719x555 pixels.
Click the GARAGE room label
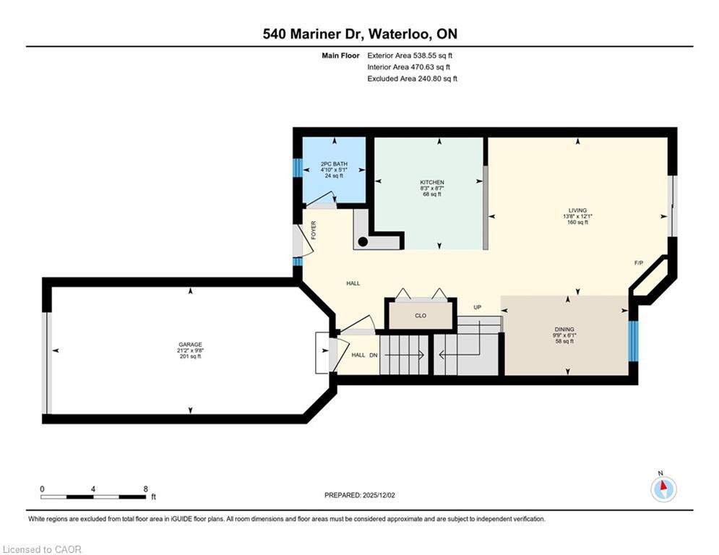click(x=191, y=345)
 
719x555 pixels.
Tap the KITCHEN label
click(x=432, y=182)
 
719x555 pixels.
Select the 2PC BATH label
click(x=334, y=164)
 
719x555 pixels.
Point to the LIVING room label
click(x=577, y=210)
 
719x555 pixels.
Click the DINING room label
click(x=564, y=330)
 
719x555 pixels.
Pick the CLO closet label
click(x=421, y=316)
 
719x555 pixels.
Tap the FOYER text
click(x=314, y=230)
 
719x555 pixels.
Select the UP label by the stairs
click(x=478, y=307)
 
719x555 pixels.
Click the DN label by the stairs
click(x=374, y=355)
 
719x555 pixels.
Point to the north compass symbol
click(x=663, y=489)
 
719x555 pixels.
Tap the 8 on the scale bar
click(x=146, y=489)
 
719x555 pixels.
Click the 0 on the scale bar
click(x=42, y=489)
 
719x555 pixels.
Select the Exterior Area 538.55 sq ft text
click(x=410, y=55)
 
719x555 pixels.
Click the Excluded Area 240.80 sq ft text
click(x=412, y=79)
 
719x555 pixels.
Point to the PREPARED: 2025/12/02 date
click(x=359, y=495)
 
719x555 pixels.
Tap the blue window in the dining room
click(x=633, y=340)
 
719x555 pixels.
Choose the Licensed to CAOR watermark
click(x=43, y=550)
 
